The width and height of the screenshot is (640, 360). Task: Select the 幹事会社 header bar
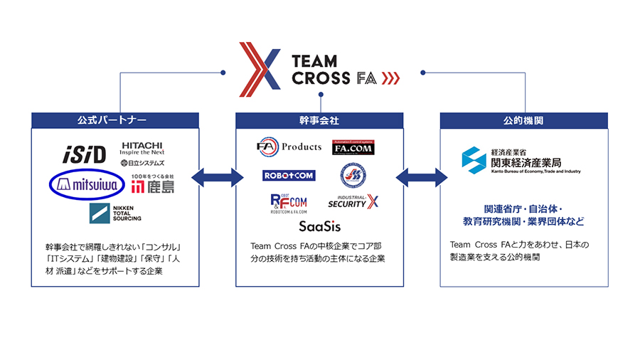(x=319, y=120)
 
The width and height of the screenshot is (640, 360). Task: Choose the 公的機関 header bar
(x=524, y=120)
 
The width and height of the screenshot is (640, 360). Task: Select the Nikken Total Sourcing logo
(x=114, y=213)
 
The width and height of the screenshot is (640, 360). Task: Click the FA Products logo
(x=289, y=147)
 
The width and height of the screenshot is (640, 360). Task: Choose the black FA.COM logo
(x=353, y=148)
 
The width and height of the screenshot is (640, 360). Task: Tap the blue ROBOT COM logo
(x=289, y=175)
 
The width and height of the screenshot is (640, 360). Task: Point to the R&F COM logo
(x=289, y=203)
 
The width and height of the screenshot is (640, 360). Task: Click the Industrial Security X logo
(x=353, y=202)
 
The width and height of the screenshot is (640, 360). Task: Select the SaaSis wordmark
(x=319, y=227)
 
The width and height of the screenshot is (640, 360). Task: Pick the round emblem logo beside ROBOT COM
(x=353, y=175)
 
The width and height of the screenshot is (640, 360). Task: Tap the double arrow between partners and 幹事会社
(x=218, y=177)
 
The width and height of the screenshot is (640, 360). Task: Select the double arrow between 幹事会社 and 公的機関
(x=422, y=177)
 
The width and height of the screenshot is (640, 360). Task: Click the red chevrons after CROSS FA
(x=390, y=78)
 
